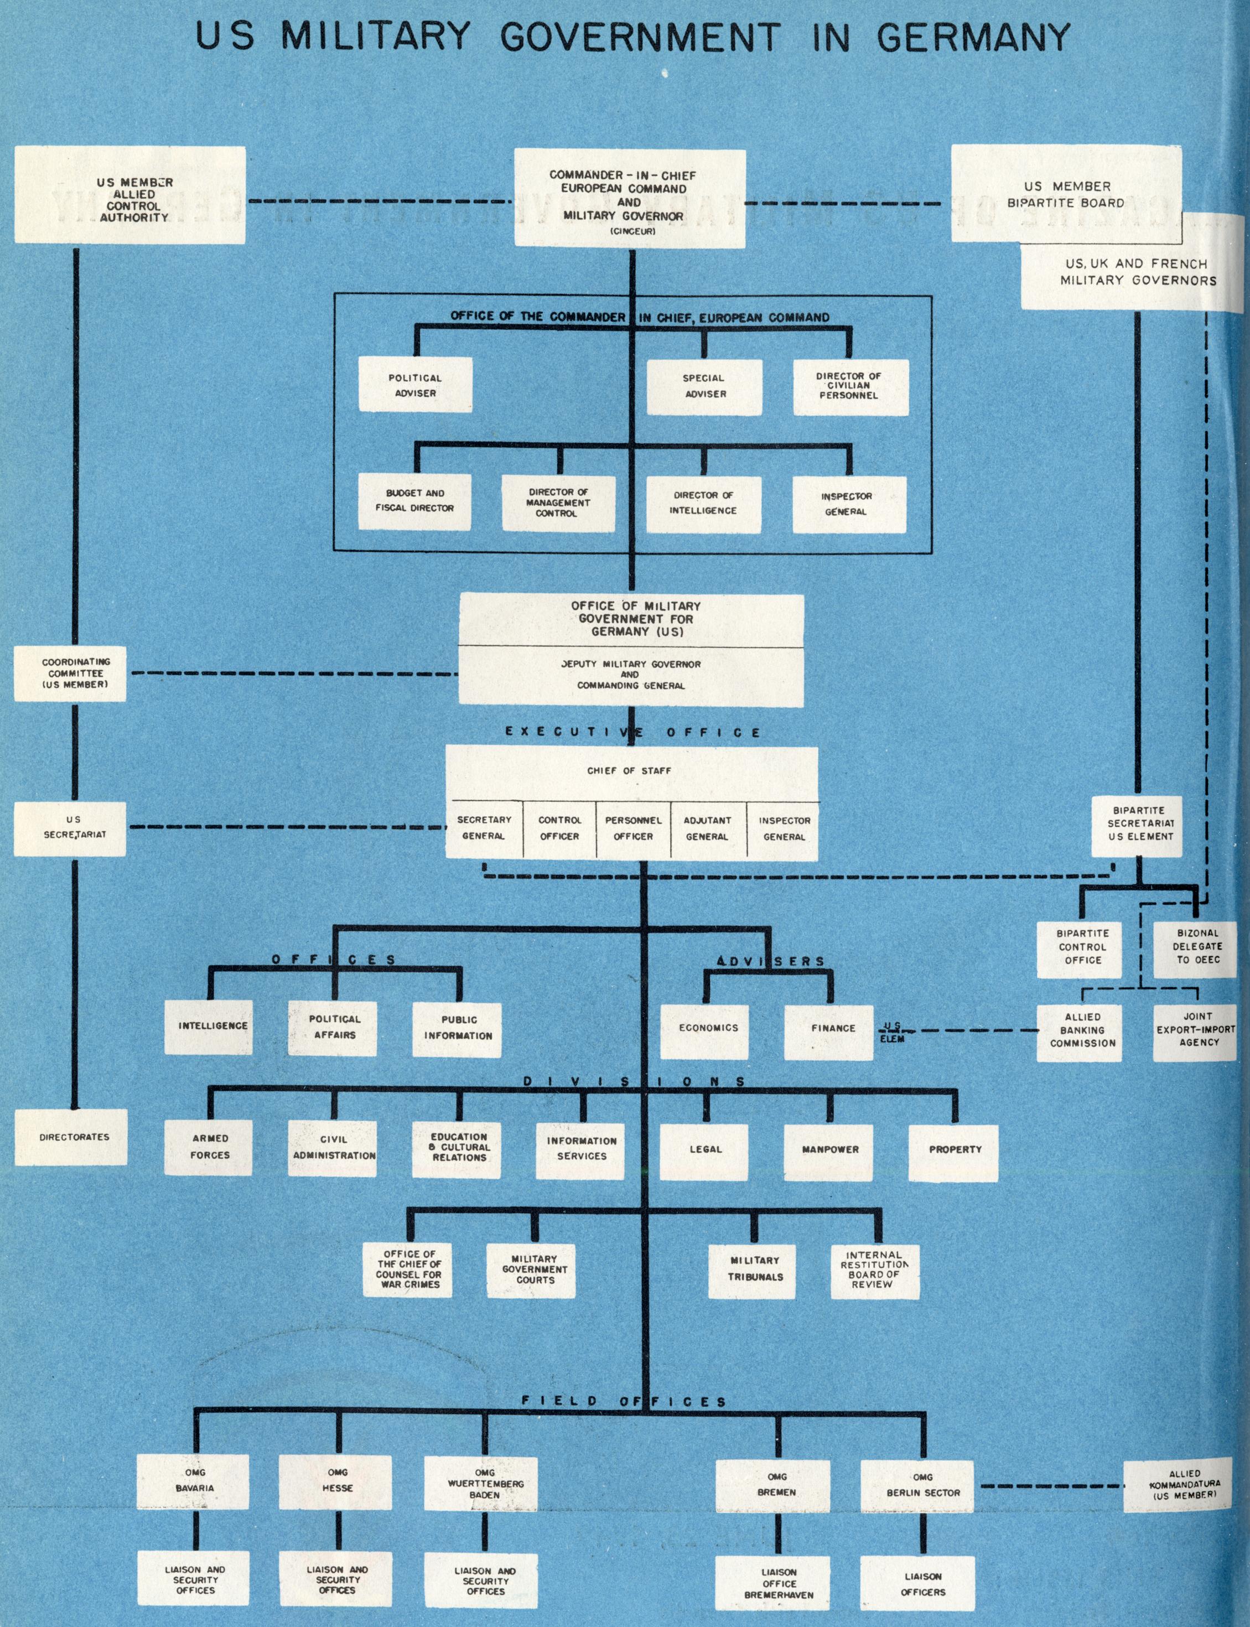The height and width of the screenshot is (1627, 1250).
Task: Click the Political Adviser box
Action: click(x=415, y=385)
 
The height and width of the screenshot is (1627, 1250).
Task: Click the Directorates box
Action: click(x=74, y=1137)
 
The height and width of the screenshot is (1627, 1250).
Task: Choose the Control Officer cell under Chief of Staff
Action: click(x=559, y=828)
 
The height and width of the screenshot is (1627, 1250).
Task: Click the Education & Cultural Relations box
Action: click(x=460, y=1147)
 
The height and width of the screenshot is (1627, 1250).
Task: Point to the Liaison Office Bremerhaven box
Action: click(x=778, y=1584)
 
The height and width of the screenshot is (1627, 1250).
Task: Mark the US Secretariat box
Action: click(x=74, y=827)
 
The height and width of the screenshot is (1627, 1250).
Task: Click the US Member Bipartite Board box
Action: click(x=1066, y=194)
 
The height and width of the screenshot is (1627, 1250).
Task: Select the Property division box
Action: click(x=955, y=1149)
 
